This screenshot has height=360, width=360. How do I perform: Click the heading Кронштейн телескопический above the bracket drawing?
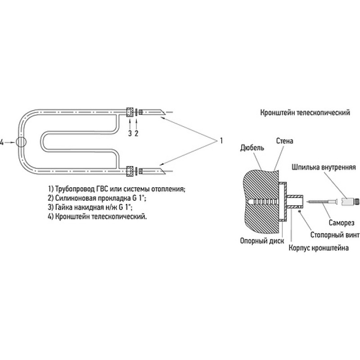[x=305, y=113]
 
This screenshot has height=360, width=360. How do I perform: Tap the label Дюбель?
[x=252, y=148]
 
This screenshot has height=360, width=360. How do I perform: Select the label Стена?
[x=285, y=141]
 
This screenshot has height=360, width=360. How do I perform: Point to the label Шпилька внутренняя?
[x=324, y=167]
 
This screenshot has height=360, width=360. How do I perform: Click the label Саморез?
[x=342, y=222]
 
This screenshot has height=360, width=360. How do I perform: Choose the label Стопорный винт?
[x=335, y=235]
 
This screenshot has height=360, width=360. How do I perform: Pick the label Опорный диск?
[x=262, y=241]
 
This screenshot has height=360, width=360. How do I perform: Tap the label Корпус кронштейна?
[x=319, y=248]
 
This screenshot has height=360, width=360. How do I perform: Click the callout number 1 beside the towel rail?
[x=221, y=140]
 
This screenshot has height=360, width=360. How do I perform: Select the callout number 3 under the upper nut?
[x=130, y=133]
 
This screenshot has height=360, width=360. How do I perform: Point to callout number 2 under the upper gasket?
[x=136, y=133]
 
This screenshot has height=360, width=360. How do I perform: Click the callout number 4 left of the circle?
[x=2, y=143]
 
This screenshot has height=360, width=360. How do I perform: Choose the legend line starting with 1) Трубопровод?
[x=117, y=189]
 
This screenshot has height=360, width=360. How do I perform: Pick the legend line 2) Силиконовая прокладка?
[x=97, y=198]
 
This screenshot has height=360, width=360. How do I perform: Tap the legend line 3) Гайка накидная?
[x=90, y=207]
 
